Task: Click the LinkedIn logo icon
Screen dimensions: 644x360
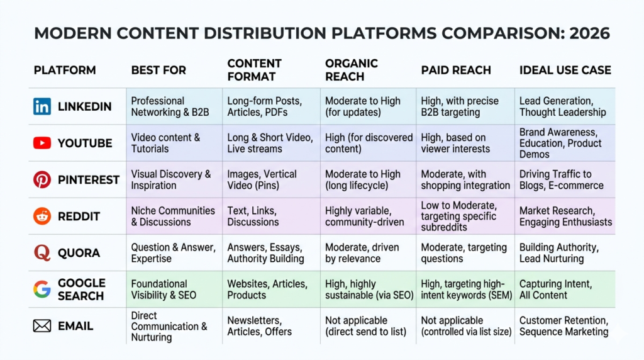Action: coord(42,106)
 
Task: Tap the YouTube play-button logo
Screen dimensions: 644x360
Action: coord(42,143)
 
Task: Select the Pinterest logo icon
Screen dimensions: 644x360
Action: coord(42,179)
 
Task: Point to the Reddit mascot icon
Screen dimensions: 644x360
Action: coord(42,216)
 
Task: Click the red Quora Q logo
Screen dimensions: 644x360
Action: coord(42,253)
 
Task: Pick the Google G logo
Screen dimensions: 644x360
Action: coord(42,290)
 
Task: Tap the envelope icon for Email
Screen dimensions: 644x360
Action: coord(42,326)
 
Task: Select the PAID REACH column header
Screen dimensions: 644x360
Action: coord(456,70)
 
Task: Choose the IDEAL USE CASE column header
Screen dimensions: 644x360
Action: coord(565,70)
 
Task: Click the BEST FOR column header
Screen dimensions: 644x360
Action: coord(158,70)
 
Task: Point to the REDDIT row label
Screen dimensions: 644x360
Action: coord(79,216)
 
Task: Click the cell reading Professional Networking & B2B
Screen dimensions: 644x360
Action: coord(170,106)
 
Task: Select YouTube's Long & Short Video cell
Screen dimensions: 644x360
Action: coord(270,143)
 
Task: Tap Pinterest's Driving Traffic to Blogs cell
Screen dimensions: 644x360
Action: coord(562,179)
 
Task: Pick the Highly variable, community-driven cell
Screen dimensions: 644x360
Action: coord(364,216)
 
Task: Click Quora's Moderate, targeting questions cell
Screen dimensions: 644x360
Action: coord(464,253)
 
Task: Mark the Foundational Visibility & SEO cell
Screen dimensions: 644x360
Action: coord(164,290)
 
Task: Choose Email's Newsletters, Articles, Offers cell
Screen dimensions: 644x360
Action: coord(259,326)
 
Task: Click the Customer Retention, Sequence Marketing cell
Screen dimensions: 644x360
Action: coord(564,326)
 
